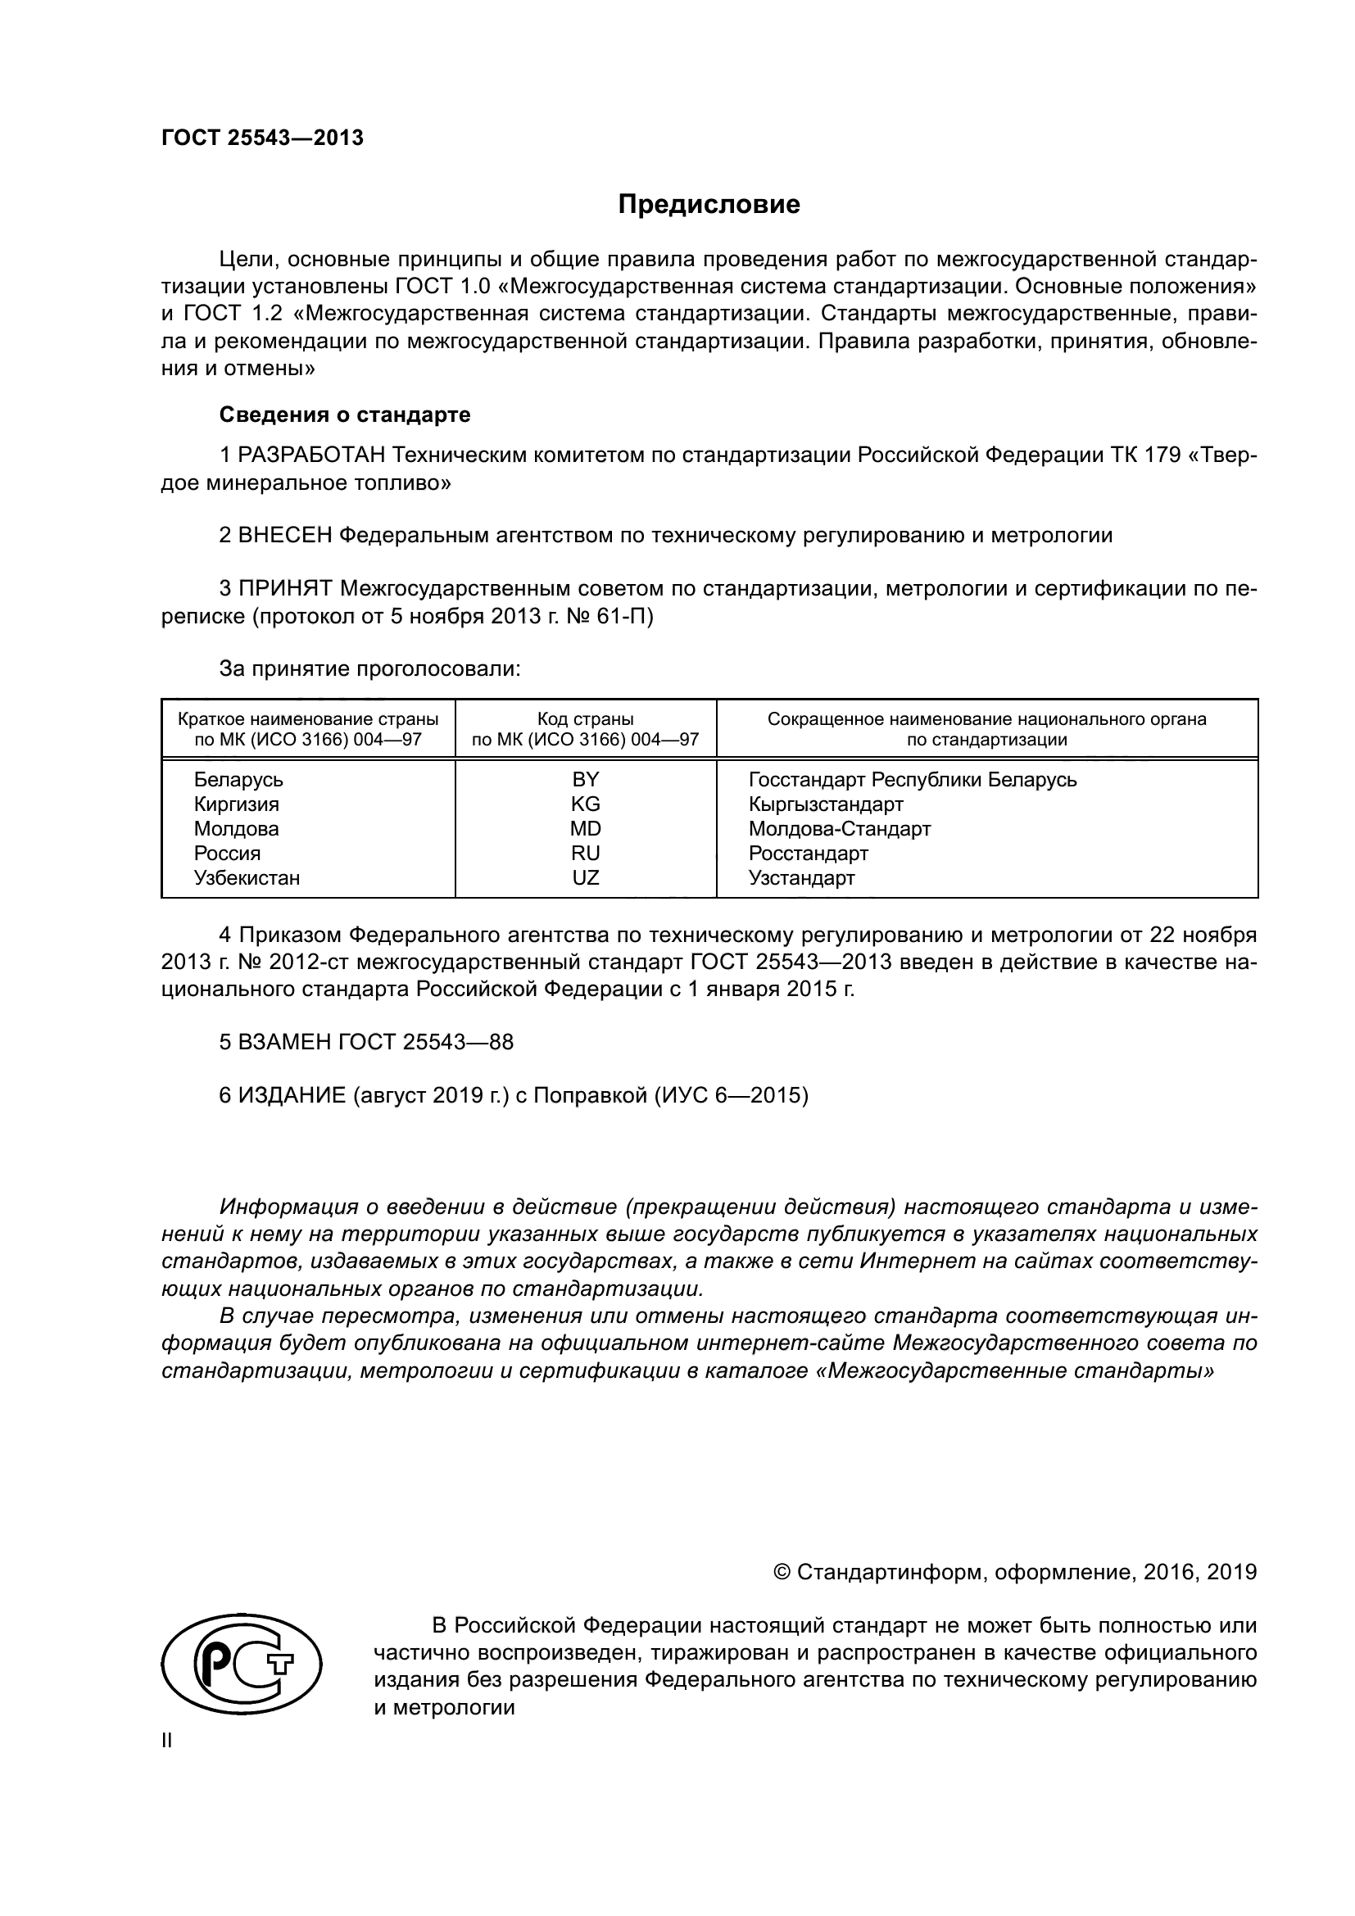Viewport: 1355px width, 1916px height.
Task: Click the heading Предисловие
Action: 709,205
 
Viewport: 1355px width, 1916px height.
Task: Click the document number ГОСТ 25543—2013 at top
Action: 263,138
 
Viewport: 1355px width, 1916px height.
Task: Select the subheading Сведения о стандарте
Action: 345,414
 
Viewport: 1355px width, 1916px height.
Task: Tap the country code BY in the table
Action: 586,779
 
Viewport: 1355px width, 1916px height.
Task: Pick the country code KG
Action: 586,804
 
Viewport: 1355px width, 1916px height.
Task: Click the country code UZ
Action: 586,878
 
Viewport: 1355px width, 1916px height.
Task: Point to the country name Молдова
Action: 236,829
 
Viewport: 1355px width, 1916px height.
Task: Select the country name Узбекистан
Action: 247,878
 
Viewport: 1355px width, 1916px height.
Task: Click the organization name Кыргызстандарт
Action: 826,804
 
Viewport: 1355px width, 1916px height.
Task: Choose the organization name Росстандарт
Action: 809,854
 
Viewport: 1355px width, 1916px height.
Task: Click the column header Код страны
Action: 586,719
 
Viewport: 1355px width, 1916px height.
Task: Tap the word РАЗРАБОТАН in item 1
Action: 312,455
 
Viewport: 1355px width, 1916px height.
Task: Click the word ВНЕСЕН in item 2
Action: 285,536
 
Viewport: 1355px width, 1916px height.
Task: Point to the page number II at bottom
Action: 167,1741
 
